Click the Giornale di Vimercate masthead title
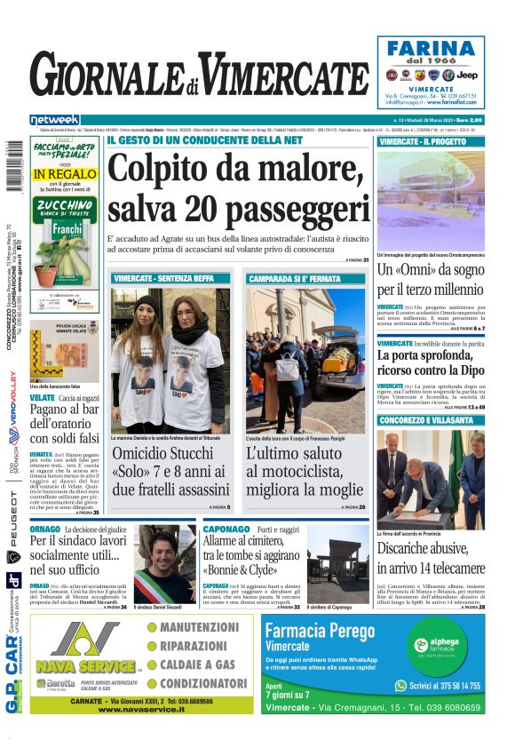198,79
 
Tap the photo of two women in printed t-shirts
170,359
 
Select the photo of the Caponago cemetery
338,566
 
